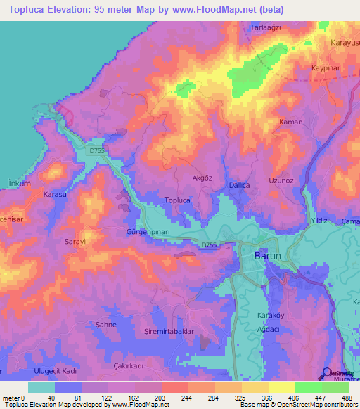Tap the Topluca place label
[x=177, y=200]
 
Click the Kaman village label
[x=291, y=122]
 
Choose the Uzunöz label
[x=281, y=180]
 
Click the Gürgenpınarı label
[x=148, y=231]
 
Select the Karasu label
[x=54, y=193]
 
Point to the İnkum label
[x=18, y=183]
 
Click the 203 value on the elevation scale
[x=161, y=397]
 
